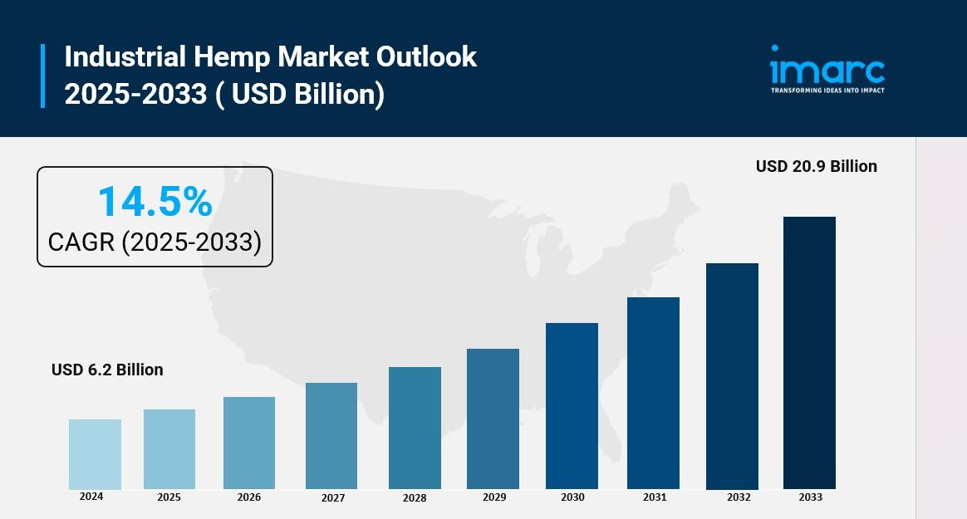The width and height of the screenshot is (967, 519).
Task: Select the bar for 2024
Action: pyautogui.click(x=95, y=454)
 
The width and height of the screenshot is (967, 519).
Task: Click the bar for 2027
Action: pyautogui.click(x=331, y=436)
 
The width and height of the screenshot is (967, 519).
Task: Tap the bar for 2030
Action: pyautogui.click(x=572, y=406)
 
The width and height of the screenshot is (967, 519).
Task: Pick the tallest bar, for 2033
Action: pyautogui.click(x=809, y=353)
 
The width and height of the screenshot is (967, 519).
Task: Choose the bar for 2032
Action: pyautogui.click(x=732, y=376)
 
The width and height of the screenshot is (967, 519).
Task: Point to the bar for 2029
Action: pyautogui.click(x=493, y=419)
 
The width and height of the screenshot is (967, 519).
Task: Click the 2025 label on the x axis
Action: pyautogui.click(x=169, y=497)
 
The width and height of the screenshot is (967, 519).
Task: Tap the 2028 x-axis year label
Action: pyautogui.click(x=415, y=497)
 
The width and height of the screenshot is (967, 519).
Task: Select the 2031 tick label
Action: pyautogui.click(x=654, y=497)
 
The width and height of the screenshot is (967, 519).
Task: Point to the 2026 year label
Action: pyautogui.click(x=248, y=497)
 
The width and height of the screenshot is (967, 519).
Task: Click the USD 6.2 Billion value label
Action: pyautogui.click(x=107, y=370)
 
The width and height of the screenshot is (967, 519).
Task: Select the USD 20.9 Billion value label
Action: pyautogui.click(x=816, y=166)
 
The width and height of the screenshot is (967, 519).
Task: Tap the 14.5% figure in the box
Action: pyautogui.click(x=155, y=202)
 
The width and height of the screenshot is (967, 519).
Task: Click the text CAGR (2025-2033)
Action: pyautogui.click(x=155, y=242)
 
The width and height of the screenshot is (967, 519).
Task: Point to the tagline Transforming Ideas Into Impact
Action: pyautogui.click(x=827, y=90)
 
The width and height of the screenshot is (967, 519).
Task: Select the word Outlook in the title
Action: pyautogui.click(x=427, y=56)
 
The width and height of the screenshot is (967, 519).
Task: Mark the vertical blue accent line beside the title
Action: pyautogui.click(x=42, y=76)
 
